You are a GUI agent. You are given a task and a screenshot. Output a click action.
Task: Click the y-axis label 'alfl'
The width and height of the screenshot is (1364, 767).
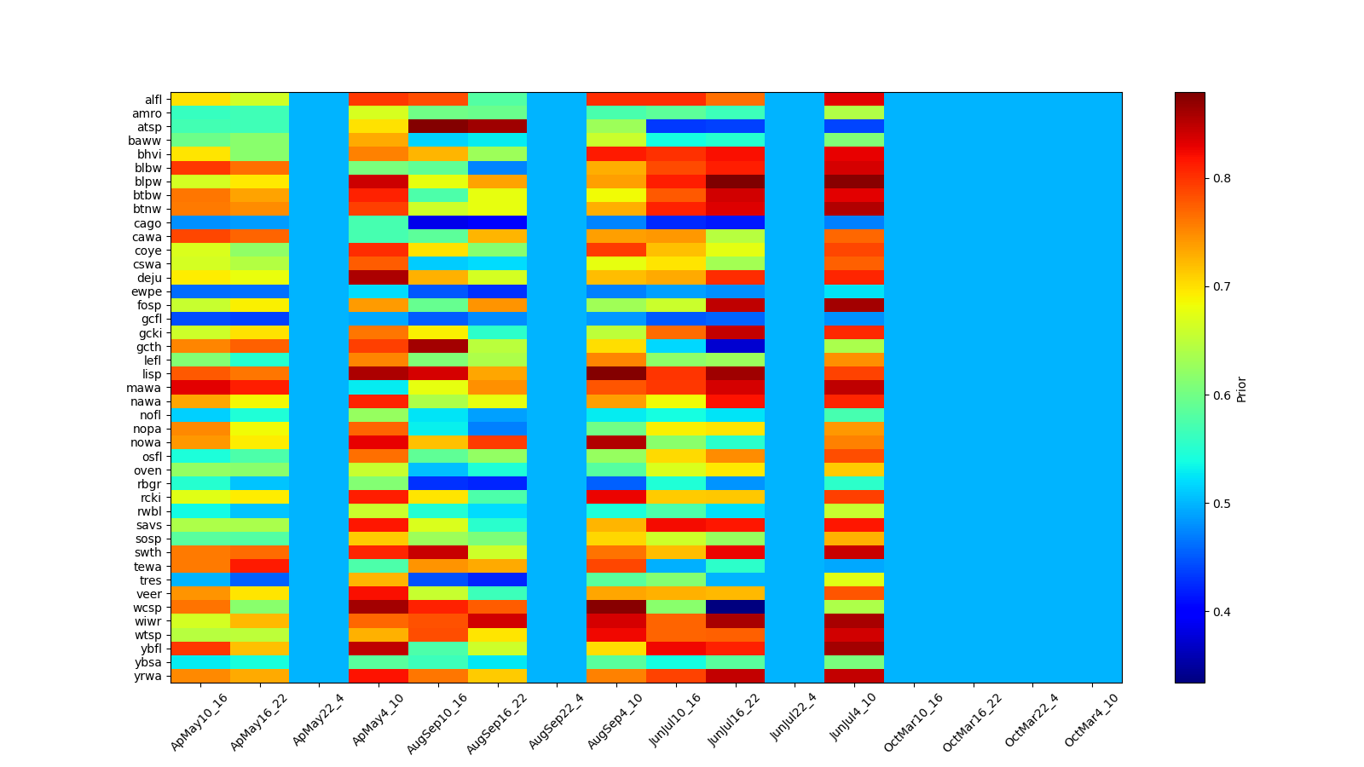153,100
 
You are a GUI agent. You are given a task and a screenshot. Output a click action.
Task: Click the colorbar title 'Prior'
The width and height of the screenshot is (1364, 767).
1241,388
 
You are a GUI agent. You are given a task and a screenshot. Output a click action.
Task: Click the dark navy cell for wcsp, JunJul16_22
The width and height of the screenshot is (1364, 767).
735,608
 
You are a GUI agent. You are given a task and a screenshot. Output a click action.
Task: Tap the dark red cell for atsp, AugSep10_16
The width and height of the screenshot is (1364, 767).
438,127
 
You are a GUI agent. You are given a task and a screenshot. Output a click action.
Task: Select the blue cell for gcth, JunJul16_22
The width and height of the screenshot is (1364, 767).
735,347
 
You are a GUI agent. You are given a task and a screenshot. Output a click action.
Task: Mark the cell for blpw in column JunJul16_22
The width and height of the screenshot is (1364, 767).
735,182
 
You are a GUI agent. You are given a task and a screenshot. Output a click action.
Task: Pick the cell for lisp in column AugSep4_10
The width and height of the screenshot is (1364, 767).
616,374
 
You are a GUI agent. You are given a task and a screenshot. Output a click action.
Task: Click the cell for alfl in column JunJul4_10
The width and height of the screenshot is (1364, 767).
854,100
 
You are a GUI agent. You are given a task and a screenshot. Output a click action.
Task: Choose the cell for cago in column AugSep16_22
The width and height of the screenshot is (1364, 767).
497,223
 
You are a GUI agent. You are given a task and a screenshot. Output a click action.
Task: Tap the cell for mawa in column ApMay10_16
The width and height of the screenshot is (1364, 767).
200,388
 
